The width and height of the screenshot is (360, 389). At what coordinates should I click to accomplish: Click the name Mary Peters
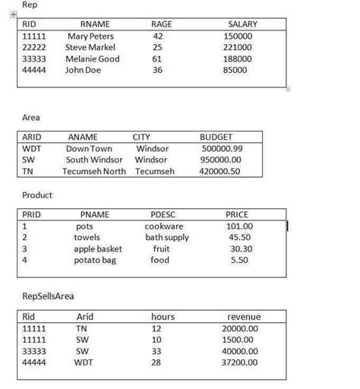coord(90,36)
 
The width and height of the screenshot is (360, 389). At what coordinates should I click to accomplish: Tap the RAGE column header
coord(162,24)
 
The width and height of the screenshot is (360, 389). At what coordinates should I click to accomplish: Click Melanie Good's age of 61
coord(158,59)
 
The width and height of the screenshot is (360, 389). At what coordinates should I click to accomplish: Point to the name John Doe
coord(83,70)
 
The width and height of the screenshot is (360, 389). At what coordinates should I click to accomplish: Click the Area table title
coord(31,118)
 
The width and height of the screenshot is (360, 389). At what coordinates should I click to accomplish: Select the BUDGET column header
coord(216,138)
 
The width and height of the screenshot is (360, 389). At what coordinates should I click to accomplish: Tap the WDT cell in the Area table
coord(32,149)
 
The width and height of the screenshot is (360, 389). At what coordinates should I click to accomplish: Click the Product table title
coord(37,195)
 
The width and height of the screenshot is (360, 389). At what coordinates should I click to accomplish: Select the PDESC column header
coord(163,215)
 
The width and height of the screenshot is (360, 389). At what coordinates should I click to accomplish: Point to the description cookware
coord(164,226)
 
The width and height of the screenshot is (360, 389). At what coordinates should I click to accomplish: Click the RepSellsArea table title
coord(49,296)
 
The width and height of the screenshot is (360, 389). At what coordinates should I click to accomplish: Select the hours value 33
coord(157,351)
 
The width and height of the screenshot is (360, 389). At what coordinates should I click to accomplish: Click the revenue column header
coord(244,316)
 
